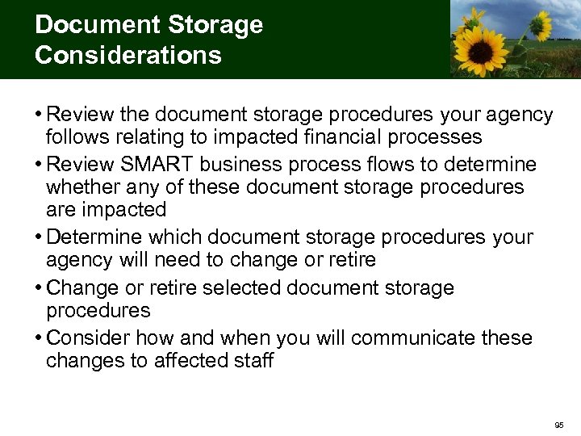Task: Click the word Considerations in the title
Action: [x=127, y=56]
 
